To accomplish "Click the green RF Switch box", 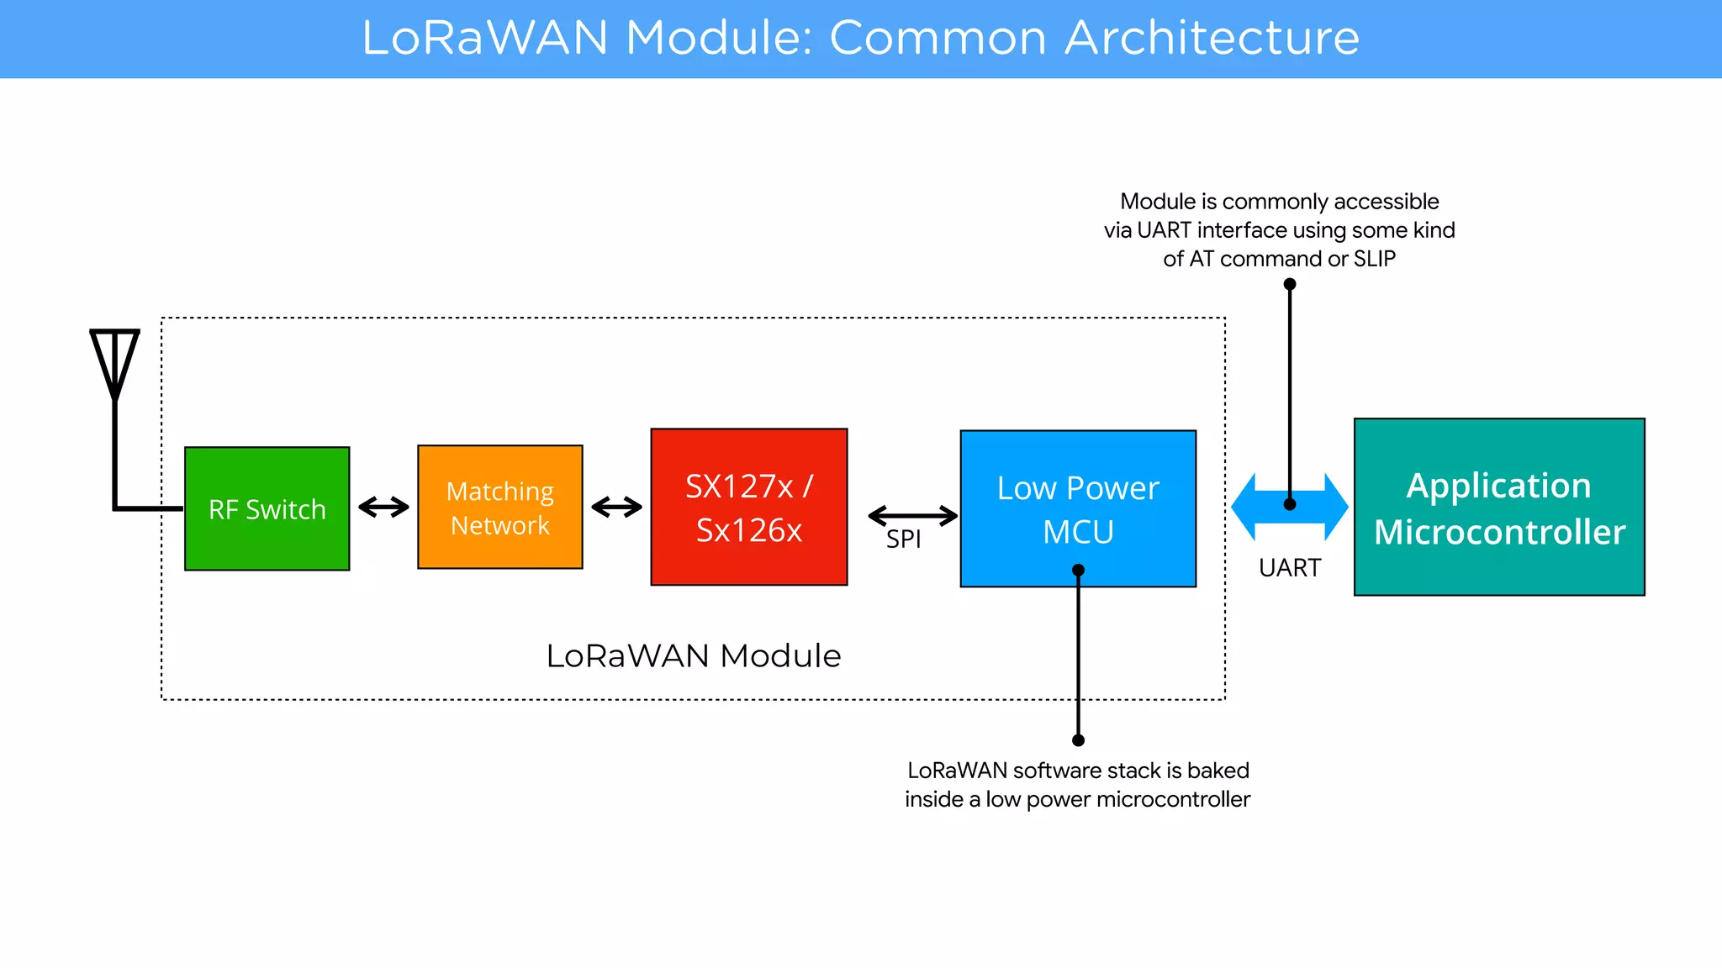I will [x=267, y=508].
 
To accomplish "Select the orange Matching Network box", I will [x=499, y=507].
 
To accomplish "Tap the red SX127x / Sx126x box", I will [x=748, y=507].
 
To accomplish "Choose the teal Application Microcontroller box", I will [x=1498, y=507].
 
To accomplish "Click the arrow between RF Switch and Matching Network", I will [x=383, y=507].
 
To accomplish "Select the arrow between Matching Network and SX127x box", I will [x=616, y=507].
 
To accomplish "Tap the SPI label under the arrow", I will [x=903, y=539].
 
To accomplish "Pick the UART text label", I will [x=1289, y=568].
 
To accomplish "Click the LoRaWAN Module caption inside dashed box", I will [x=693, y=656].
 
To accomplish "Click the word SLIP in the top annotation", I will [x=1374, y=259].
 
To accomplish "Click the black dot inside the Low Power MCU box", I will [x=1078, y=571].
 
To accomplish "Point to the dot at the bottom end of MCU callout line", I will [x=1078, y=740].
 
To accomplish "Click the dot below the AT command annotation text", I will [x=1289, y=284].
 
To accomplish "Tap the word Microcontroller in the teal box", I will [x=1499, y=532].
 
